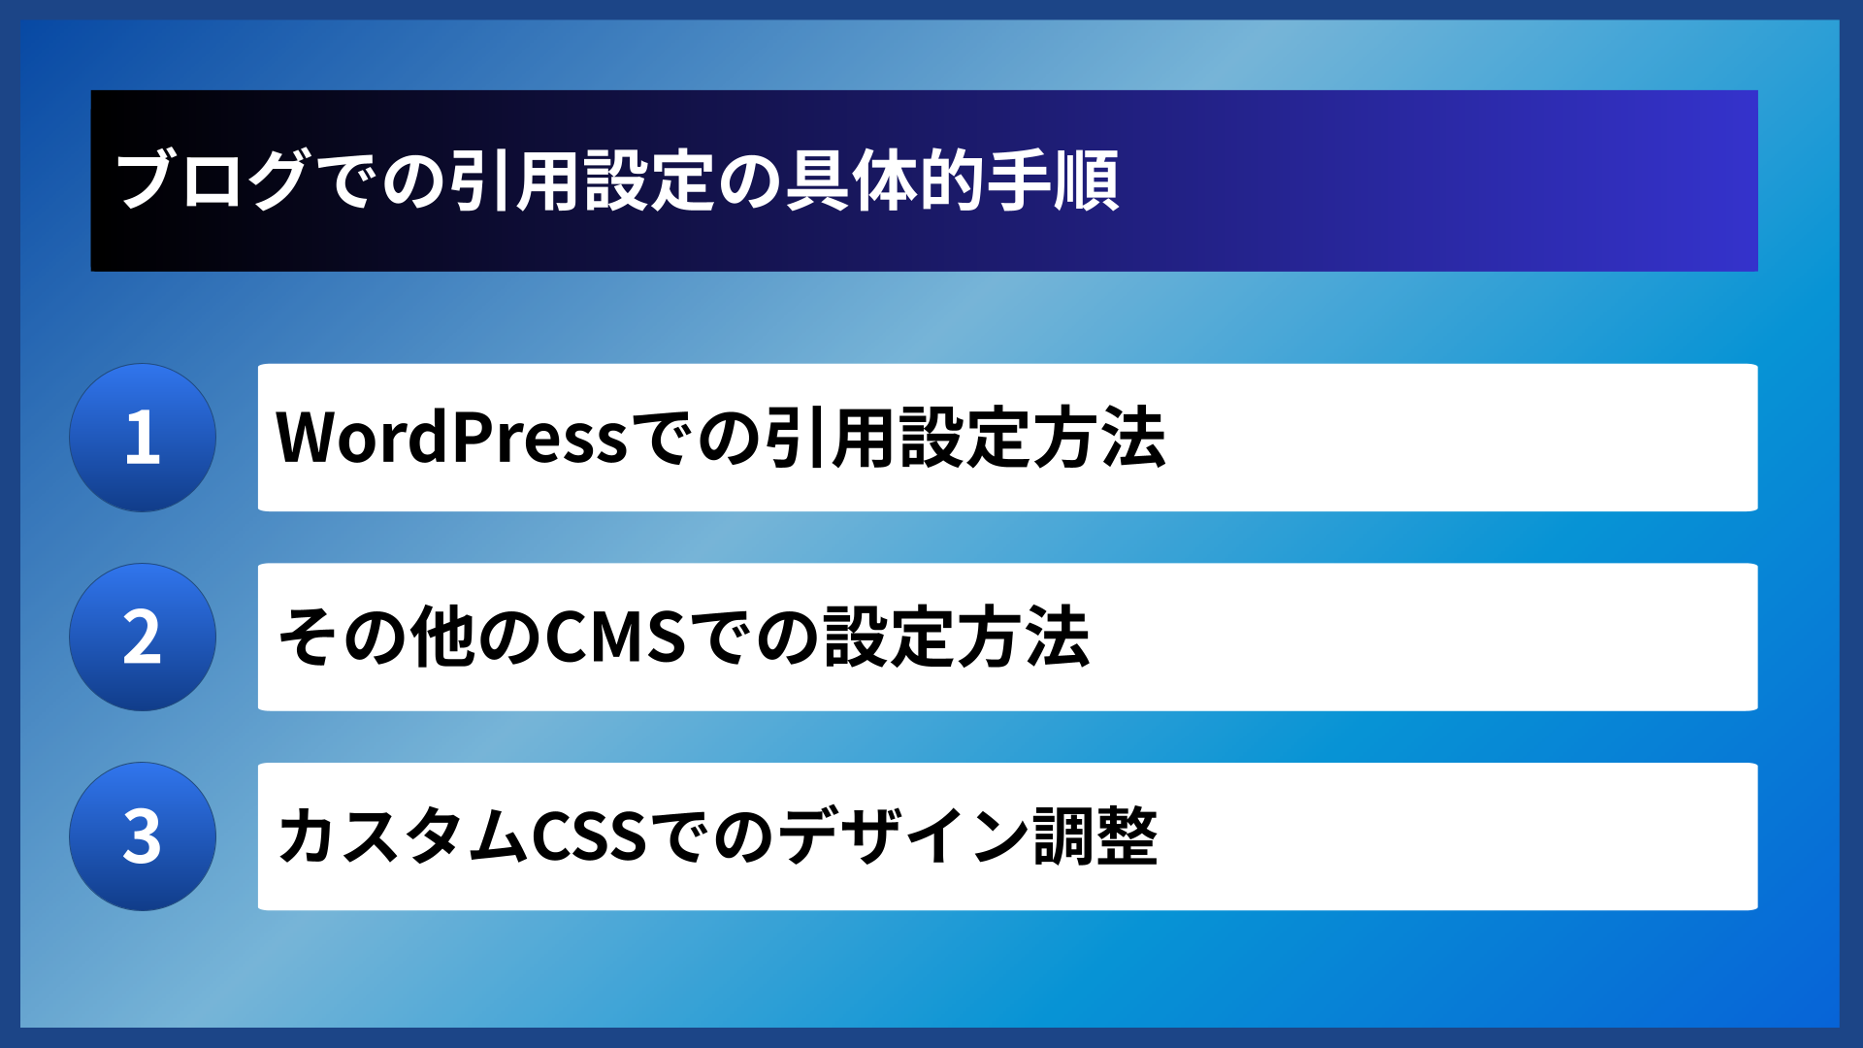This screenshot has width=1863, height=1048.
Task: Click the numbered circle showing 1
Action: [143, 438]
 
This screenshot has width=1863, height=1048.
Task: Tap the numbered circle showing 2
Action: [143, 638]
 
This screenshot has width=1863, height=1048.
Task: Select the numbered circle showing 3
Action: [143, 836]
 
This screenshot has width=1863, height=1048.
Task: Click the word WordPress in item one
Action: [452, 438]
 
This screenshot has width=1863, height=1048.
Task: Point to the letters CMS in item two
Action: [616, 638]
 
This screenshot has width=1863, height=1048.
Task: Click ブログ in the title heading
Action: [212, 180]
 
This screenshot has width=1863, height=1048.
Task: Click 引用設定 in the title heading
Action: [581, 180]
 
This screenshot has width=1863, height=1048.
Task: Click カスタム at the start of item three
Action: [403, 836]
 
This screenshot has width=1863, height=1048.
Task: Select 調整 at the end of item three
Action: [1095, 836]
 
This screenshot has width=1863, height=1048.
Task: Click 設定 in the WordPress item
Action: [964, 438]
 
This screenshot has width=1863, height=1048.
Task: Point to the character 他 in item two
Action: [442, 638]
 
